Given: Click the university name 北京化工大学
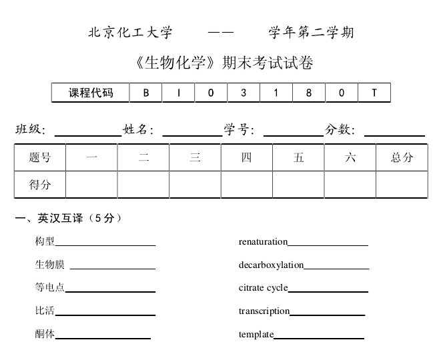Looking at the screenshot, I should pyautogui.click(x=130, y=32).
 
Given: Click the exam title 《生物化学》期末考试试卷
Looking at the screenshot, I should pyautogui.click(x=223, y=63).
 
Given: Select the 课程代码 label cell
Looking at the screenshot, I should pyautogui.click(x=91, y=93).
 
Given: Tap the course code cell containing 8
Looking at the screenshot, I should pyautogui.click(x=308, y=93).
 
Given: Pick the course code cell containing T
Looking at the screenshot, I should pyautogui.click(x=374, y=93).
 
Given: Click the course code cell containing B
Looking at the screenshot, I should pyautogui.click(x=145, y=93).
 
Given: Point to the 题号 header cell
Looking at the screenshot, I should pyautogui.click(x=40, y=157).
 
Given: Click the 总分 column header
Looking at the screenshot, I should pyautogui.click(x=402, y=157).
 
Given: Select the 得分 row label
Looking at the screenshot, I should pyautogui.click(x=40, y=185).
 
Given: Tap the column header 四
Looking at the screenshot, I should pyautogui.click(x=247, y=157).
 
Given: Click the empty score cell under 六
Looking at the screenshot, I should pyautogui.click(x=350, y=185).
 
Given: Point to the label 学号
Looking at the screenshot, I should pyautogui.click(x=238, y=129).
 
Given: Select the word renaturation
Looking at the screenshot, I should pyautogui.click(x=263, y=241).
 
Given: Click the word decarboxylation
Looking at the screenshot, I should pyautogui.click(x=271, y=265).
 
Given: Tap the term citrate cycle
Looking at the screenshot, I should pyautogui.click(x=263, y=287).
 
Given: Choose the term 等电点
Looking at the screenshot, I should pyautogui.click(x=50, y=287).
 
